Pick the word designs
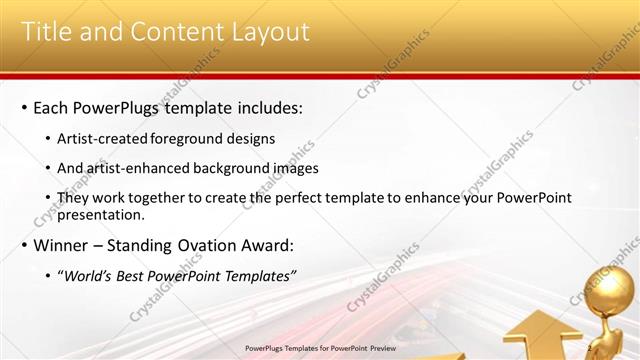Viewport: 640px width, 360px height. (253, 139)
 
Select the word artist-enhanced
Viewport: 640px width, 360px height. (135, 168)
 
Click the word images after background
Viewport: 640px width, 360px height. (296, 168)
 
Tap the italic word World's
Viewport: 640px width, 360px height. (90, 276)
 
